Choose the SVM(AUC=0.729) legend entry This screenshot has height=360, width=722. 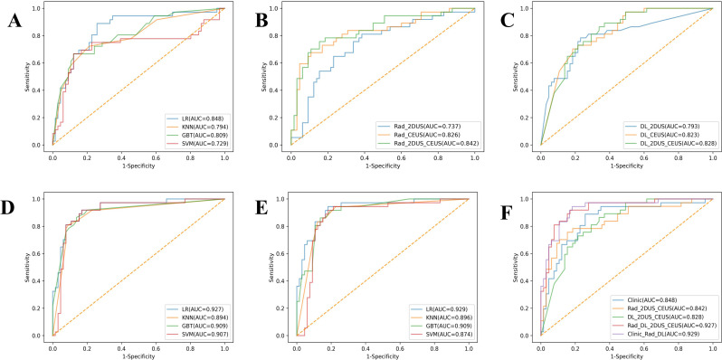193,145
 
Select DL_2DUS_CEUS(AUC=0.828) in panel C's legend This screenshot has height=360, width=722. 673,145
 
